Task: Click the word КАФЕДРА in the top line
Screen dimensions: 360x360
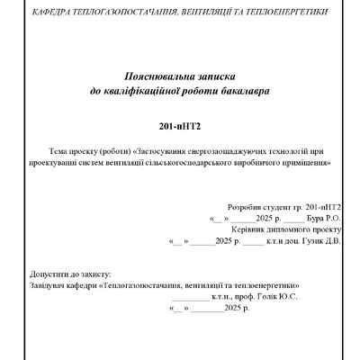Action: click(52, 13)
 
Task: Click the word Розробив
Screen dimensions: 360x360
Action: click(245, 206)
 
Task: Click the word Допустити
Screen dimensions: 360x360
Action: click(49, 272)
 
